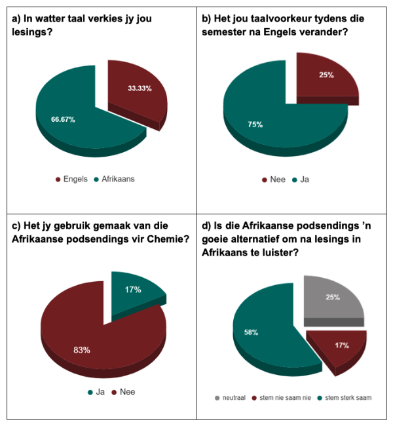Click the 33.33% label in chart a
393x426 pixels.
[140, 88]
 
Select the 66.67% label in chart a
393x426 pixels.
[63, 120]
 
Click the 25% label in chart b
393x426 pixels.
[326, 75]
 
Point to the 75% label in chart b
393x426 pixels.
[255, 124]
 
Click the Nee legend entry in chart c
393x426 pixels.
[126, 392]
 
